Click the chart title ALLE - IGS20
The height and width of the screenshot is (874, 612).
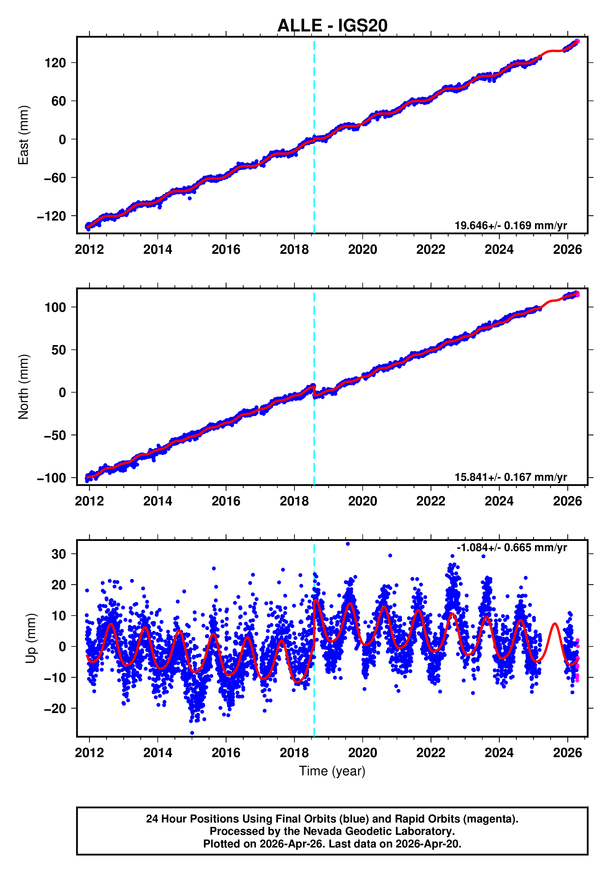point(332,26)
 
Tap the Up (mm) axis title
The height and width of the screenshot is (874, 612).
point(31,638)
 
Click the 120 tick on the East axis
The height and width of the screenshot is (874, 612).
point(55,63)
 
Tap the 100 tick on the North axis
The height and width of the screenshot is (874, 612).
point(55,307)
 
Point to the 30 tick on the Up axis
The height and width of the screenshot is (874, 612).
point(59,554)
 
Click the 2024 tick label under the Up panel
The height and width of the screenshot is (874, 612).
point(499,753)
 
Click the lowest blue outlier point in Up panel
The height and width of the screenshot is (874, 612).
point(192,733)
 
